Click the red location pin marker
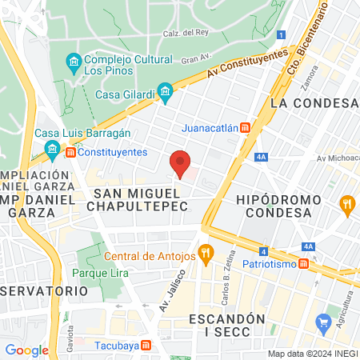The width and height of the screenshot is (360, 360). click(x=181, y=163)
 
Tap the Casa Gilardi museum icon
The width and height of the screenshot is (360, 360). click(x=165, y=93)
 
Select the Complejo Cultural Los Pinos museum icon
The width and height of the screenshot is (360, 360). click(x=74, y=62)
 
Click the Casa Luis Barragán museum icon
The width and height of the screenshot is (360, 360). click(x=53, y=149)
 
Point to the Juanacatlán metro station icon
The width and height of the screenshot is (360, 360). click(x=246, y=126)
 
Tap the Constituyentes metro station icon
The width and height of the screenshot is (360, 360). click(x=71, y=152)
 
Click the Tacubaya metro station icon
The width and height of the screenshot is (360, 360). click(x=146, y=346)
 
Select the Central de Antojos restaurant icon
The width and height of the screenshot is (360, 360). click(x=206, y=256)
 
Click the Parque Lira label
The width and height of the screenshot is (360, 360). click(x=96, y=273)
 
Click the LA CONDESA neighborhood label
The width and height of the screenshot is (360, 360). click(x=313, y=103)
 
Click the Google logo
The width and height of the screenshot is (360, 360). click(x=26, y=350)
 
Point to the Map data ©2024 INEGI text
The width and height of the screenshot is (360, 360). click(x=311, y=354)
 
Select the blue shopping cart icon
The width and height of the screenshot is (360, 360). click(x=324, y=324)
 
